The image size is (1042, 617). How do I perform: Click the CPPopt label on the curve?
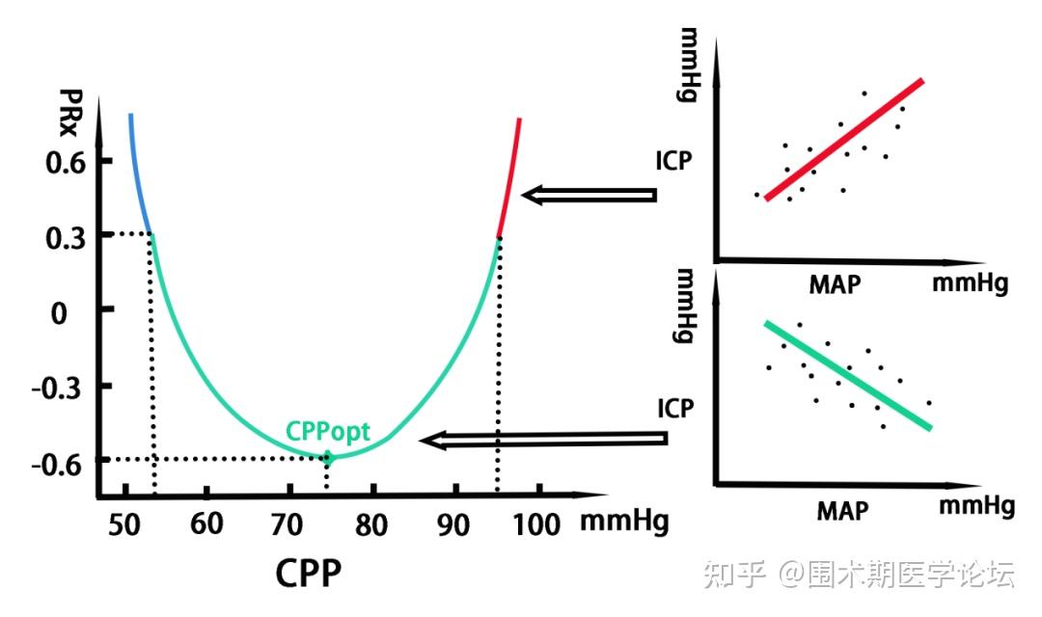[x=327, y=432]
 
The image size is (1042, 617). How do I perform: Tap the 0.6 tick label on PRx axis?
[x=65, y=160]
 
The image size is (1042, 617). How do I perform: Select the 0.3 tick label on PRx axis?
[x=65, y=235]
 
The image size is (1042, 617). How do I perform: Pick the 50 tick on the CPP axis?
[x=125, y=524]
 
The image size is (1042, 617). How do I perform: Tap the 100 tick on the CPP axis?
[x=538, y=524]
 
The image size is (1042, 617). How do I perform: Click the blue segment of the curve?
[x=137, y=174]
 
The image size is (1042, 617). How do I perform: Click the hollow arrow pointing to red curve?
[x=589, y=195]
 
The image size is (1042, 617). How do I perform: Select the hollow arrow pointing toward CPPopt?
[x=542, y=441]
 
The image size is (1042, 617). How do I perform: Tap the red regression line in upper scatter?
[x=845, y=139]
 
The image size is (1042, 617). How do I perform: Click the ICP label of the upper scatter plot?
[x=672, y=159]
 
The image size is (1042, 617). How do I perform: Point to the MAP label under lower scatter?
[x=842, y=509]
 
